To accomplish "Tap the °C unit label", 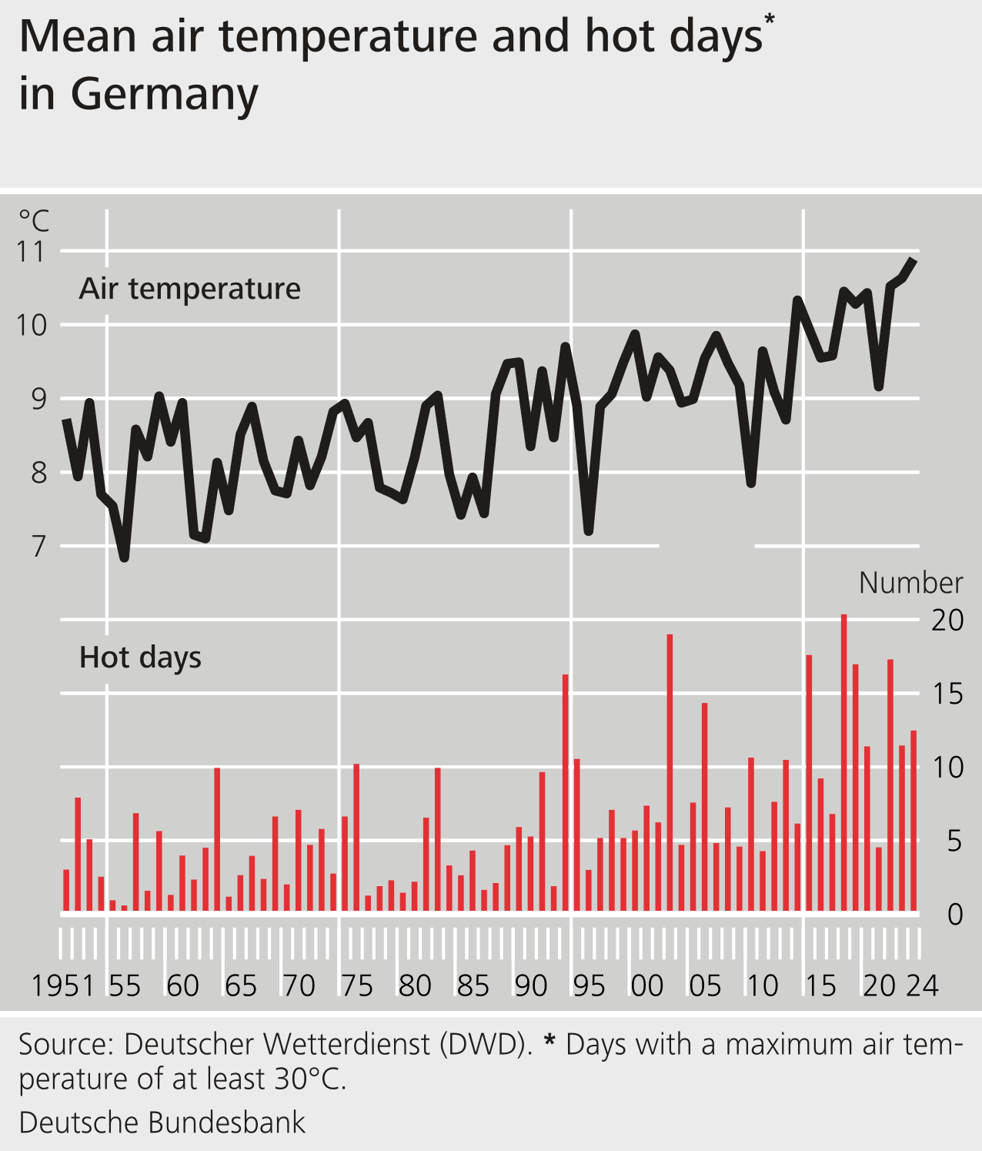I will click(x=34, y=221).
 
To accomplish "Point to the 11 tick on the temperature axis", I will click(x=32, y=251).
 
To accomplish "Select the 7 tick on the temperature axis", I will click(x=38, y=547).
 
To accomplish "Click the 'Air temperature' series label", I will click(x=189, y=289).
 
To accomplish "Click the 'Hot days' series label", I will click(x=140, y=657).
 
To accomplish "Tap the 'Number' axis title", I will click(x=910, y=583).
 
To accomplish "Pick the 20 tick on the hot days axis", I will click(x=947, y=621).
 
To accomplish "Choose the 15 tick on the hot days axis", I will click(x=947, y=694).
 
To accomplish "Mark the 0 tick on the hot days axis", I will click(x=954, y=915).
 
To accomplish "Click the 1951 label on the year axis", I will click(x=62, y=985).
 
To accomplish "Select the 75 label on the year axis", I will click(x=357, y=985).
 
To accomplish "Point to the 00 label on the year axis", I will click(x=647, y=985).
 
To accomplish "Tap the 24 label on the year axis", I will click(x=922, y=985).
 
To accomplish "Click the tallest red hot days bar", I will click(x=843, y=762).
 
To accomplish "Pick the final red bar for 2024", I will click(x=914, y=821).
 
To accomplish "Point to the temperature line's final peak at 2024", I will click(x=914, y=260).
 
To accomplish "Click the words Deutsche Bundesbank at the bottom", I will click(x=162, y=1123).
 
